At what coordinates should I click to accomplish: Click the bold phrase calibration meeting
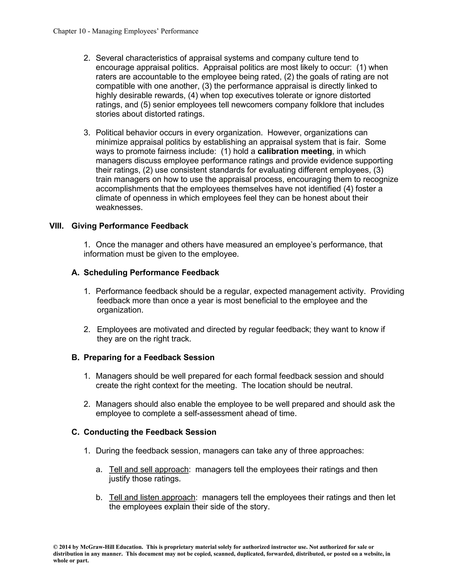click(x=295, y=151)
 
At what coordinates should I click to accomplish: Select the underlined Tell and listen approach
click(x=152, y=497)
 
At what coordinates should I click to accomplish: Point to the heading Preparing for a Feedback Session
click(x=149, y=357)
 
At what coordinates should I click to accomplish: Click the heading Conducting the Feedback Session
click(x=150, y=432)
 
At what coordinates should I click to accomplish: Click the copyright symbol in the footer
click(x=55, y=547)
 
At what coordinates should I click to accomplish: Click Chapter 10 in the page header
click(x=69, y=31)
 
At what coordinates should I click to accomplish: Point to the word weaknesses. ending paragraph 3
click(x=119, y=208)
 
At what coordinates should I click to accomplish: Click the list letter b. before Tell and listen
click(x=99, y=497)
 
